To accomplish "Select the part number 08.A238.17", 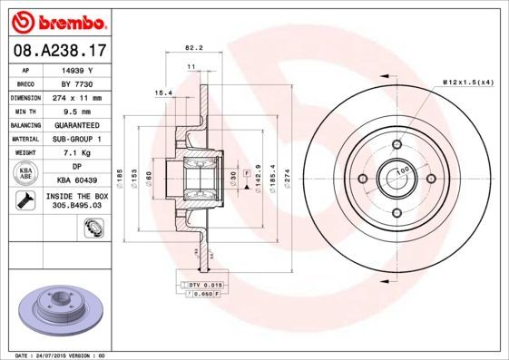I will (x=55, y=52).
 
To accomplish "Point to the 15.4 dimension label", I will (x=163, y=92).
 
